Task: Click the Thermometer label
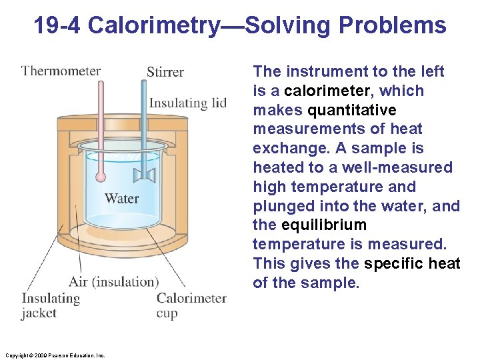point(61,71)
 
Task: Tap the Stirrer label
point(165,71)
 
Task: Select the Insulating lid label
point(187,103)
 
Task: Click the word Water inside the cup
point(122,198)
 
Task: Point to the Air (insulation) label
point(114,281)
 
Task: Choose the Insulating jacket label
point(50,305)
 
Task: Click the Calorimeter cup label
point(191,305)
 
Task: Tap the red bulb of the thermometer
point(101,177)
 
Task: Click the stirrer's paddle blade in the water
point(144,175)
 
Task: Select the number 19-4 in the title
point(57,25)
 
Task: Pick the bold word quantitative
point(351,110)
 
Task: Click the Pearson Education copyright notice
point(54,355)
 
